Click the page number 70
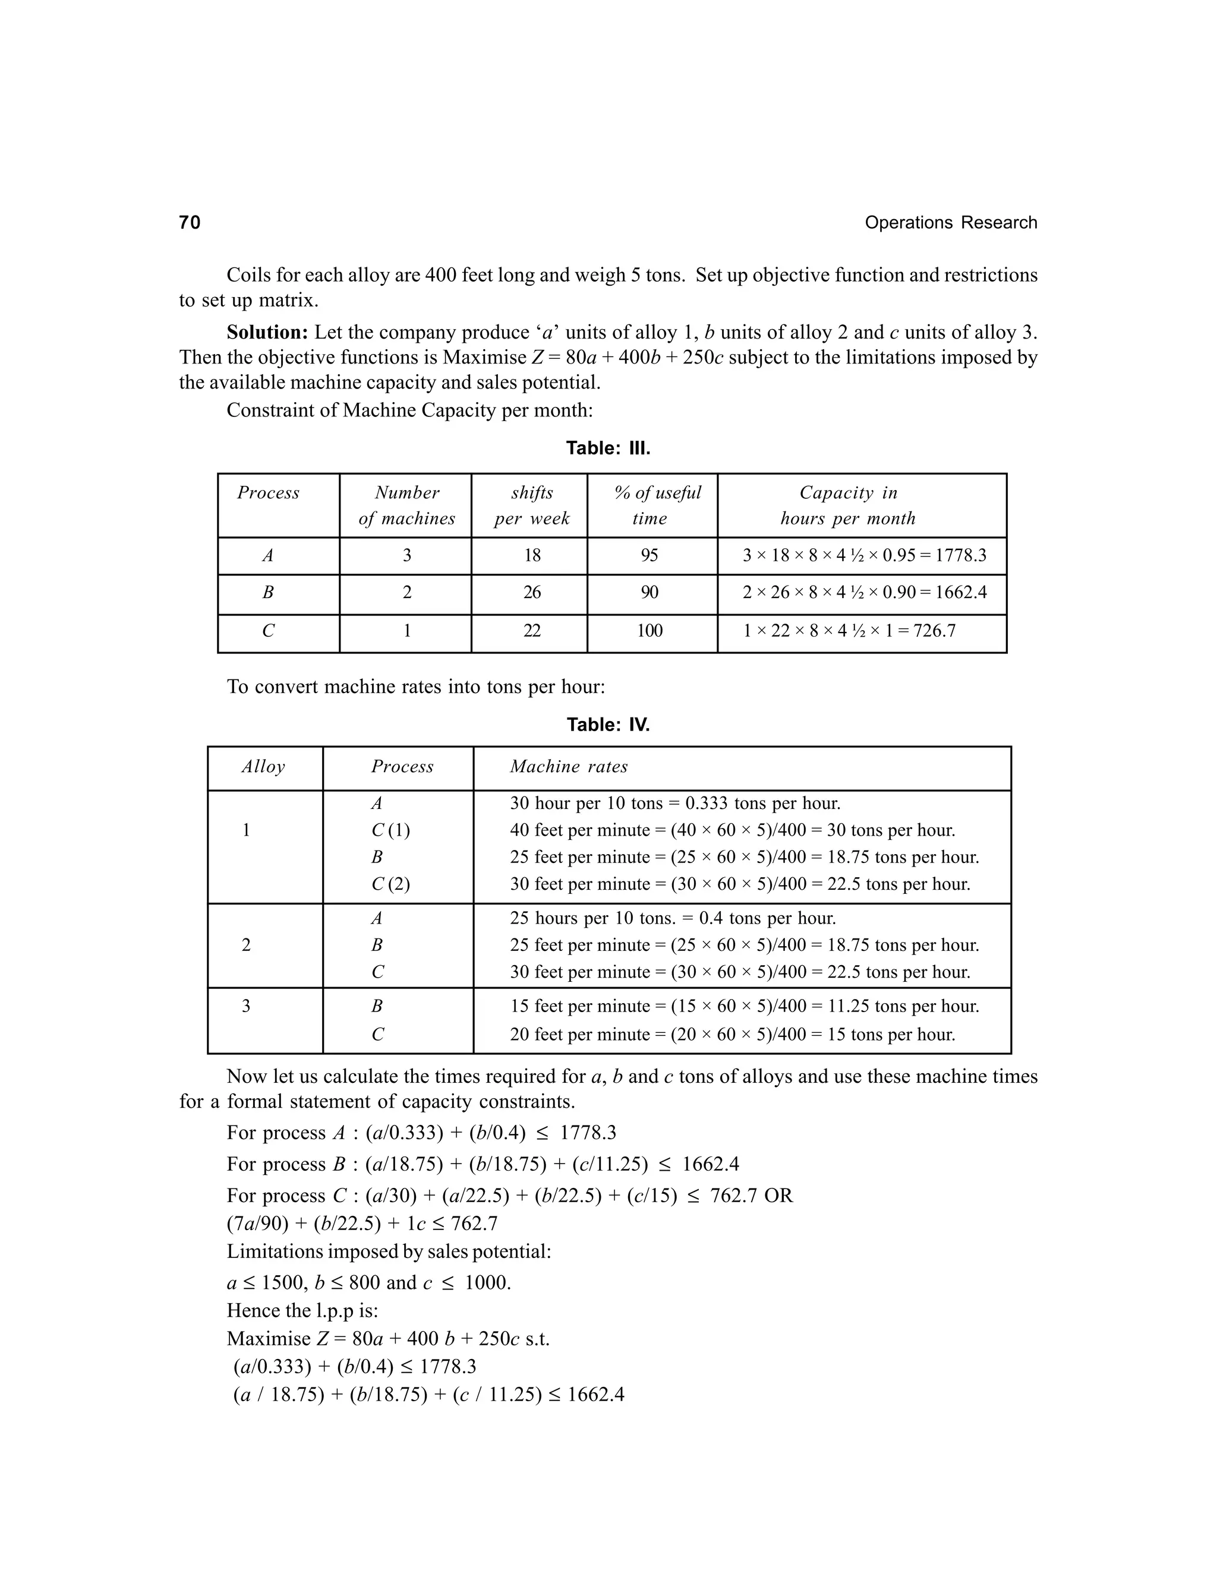coord(190,223)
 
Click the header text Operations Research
coord(950,223)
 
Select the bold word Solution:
coord(267,332)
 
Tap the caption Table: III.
coord(608,448)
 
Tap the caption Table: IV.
coord(608,724)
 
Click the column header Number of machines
coord(406,505)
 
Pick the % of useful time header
coord(656,505)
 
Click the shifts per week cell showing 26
coord(531,592)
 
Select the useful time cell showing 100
coord(649,631)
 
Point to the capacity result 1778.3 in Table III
coord(960,556)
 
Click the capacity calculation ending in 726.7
coord(849,631)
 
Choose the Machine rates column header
coord(568,766)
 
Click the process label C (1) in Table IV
coord(390,830)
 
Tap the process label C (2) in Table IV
coord(390,884)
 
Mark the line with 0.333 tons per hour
coord(675,803)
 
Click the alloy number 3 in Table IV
coord(246,1006)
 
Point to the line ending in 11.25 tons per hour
coord(744,1006)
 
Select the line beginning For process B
coord(483,1164)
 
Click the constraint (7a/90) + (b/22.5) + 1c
coord(362,1223)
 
